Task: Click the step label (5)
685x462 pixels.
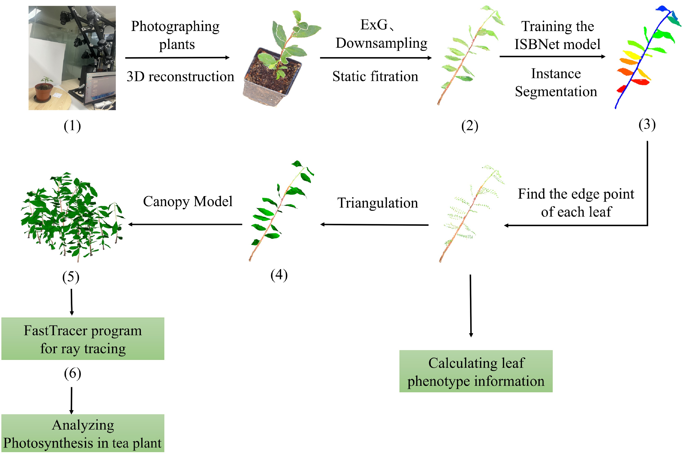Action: (71, 277)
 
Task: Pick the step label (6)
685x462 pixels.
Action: (72, 373)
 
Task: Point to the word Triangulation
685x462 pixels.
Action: (378, 203)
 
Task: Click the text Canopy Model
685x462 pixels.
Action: (187, 202)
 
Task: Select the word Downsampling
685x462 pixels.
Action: (381, 43)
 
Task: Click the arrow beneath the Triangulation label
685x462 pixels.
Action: (374, 225)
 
